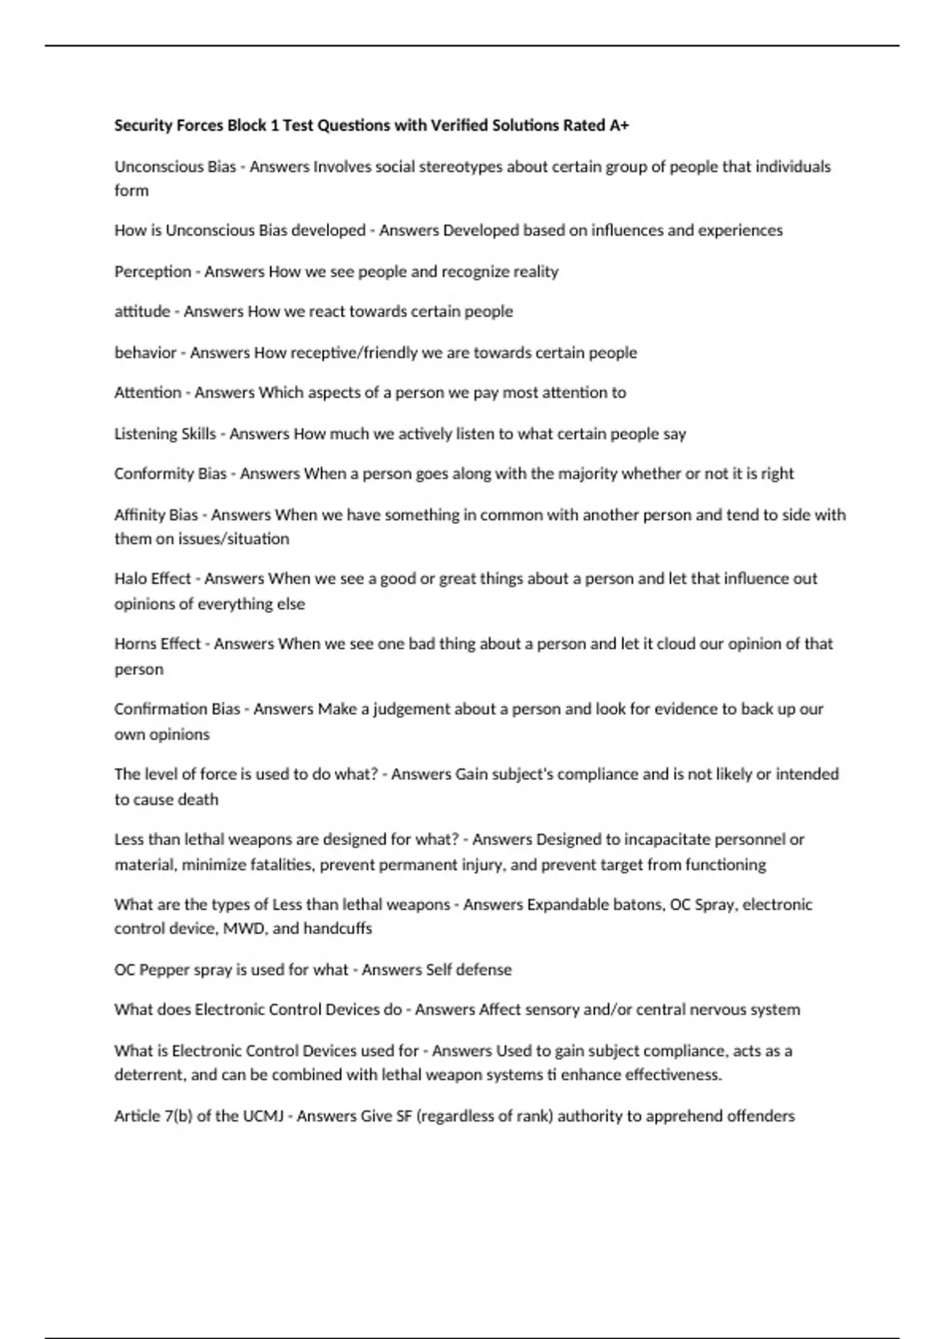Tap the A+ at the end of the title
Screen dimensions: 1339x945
[619, 125]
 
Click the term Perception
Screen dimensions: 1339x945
[153, 272]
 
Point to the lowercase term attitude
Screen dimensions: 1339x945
[143, 312]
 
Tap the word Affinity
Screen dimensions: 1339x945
[143, 515]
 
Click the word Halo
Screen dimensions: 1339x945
[130, 579]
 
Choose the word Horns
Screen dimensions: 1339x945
[135, 644]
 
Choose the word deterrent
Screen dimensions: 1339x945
[149, 1075]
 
